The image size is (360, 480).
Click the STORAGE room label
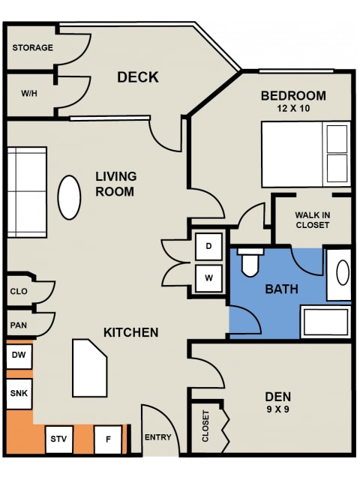coord(32,48)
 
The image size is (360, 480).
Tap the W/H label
coord(29,93)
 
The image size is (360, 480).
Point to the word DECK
coord(138,77)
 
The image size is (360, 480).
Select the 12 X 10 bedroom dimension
coord(293,108)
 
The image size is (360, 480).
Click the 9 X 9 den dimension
coord(277,409)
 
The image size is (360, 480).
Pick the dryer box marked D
coord(208,247)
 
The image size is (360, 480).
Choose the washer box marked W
coord(208,278)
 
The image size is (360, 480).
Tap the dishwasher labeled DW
coord(19,356)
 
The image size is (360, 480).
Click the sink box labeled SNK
coord(19,394)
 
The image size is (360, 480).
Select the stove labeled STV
coord(58,439)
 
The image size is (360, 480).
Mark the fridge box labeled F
coord(108,439)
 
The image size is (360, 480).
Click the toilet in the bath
coord(250,262)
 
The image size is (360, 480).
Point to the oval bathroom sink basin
coord(343,272)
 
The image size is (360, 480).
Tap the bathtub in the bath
coord(325,322)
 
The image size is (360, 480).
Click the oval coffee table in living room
coord(69,197)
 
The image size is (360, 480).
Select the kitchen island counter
coord(90,368)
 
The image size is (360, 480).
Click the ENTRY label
coord(157,437)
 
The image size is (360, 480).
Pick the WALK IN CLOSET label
coord(312,220)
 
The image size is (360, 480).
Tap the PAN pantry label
coord(18,325)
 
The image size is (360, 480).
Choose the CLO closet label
coord(19,291)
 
